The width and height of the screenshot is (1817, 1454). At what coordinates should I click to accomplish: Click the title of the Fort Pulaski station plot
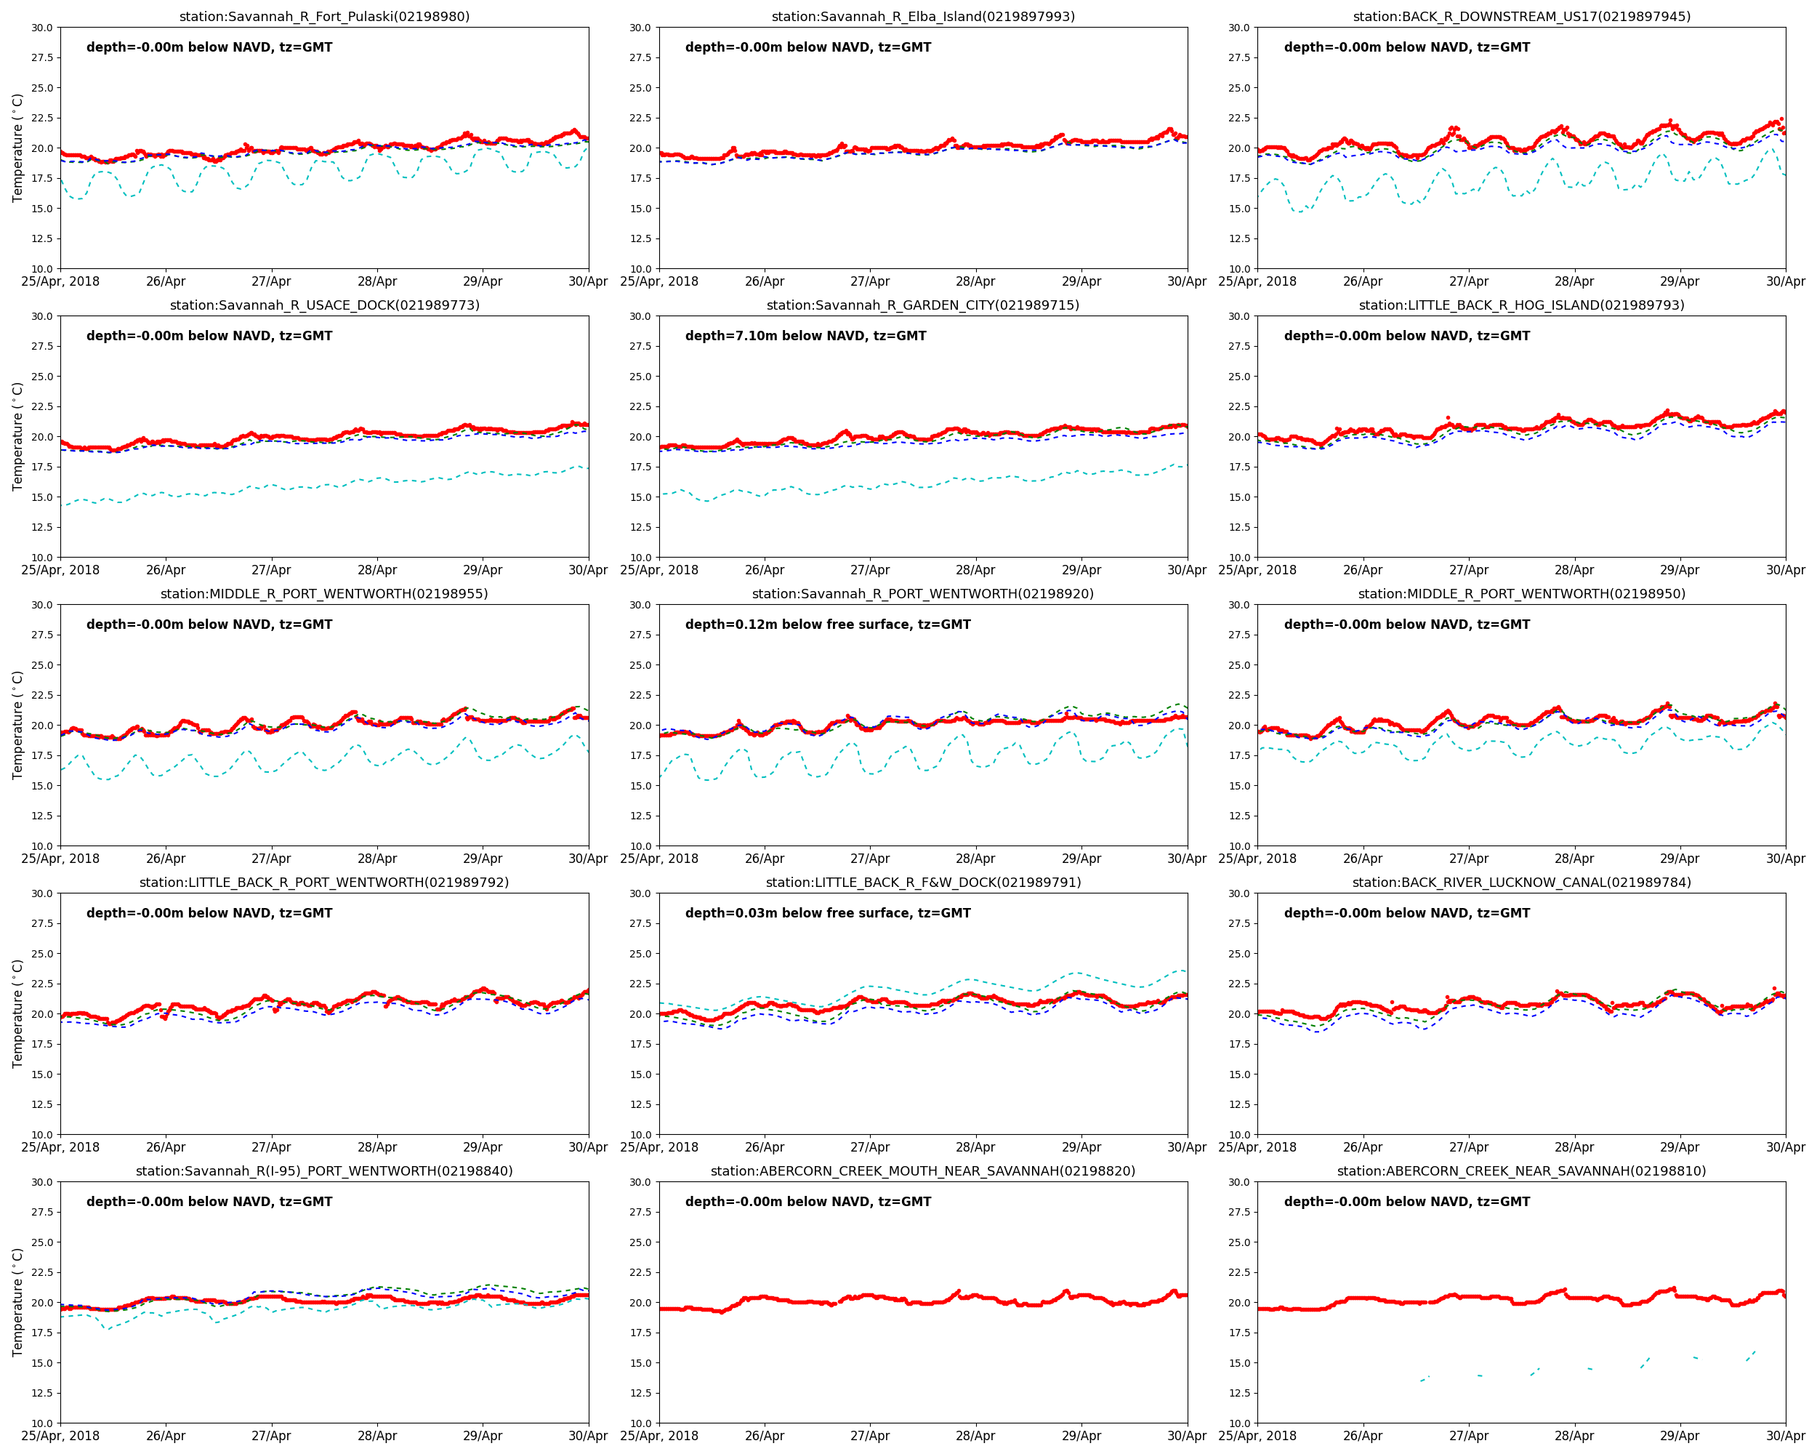coord(324,17)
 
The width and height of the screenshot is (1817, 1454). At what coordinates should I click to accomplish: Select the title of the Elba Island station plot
coord(923,17)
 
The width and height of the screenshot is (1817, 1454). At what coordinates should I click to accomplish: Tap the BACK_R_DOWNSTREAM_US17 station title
coord(1521,17)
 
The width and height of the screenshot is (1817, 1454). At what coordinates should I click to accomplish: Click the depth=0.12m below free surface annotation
coord(828,624)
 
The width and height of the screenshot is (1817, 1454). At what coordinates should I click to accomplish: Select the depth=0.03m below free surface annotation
coord(828,913)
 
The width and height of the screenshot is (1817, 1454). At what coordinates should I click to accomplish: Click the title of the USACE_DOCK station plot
coord(324,305)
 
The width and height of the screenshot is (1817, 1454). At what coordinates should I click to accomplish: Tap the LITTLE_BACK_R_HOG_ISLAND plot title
coord(1521,305)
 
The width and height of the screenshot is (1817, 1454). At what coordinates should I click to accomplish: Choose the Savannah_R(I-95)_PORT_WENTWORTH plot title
coord(324,1170)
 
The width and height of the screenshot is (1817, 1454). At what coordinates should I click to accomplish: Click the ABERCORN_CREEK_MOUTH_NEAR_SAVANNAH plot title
coord(923,1170)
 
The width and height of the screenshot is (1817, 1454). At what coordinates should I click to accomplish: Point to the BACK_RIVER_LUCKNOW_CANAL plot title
coord(1521,883)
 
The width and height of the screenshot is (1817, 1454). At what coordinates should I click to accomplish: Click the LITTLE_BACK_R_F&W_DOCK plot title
coord(923,883)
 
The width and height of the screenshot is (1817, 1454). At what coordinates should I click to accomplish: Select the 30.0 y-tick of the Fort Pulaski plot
coord(42,28)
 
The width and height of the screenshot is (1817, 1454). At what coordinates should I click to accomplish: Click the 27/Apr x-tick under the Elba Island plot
coord(870,281)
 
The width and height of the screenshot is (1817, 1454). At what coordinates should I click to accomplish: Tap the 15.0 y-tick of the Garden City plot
coord(640,497)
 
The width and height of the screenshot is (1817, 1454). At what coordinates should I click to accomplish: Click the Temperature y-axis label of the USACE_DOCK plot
coord(17,437)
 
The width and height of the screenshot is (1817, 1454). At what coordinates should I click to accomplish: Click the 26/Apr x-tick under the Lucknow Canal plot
coord(1363,1147)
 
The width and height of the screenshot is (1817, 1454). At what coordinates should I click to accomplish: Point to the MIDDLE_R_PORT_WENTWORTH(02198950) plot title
coord(1521,594)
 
